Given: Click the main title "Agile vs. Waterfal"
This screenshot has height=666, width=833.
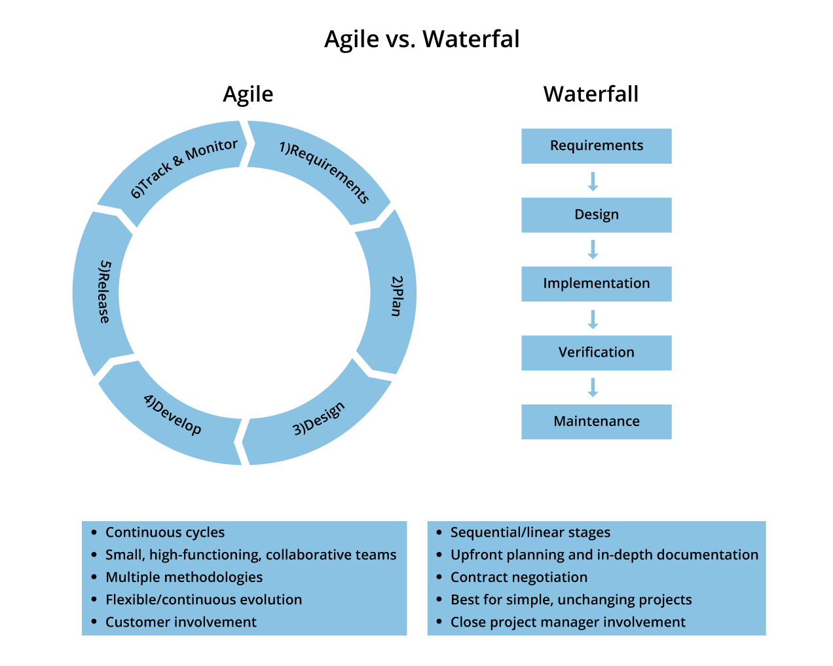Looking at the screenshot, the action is click(422, 39).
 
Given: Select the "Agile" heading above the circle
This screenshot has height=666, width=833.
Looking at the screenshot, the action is click(248, 95).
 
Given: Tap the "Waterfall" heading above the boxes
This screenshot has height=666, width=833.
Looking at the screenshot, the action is click(591, 94).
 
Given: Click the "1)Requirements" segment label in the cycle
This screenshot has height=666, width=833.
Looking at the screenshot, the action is click(324, 172).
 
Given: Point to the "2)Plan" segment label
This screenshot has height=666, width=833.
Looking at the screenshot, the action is click(397, 296).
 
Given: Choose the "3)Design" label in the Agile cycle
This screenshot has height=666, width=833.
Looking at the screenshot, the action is click(318, 418).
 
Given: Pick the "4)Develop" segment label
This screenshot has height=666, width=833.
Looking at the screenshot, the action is click(173, 414).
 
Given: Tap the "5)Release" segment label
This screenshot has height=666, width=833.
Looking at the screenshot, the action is click(104, 292).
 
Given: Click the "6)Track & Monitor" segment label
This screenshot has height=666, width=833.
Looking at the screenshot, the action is click(184, 168).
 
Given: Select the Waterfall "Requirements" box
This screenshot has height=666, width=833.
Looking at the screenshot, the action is click(596, 146).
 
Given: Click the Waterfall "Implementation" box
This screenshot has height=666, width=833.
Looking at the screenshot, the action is click(596, 284).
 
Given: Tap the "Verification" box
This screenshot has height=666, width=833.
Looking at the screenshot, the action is click(596, 353).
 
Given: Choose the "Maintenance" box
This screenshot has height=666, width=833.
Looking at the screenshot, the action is click(596, 421).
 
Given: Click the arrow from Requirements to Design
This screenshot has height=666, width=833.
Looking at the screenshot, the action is click(593, 182).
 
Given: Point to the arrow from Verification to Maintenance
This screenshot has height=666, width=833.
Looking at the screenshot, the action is click(593, 387).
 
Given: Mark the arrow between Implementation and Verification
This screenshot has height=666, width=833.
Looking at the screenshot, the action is click(593, 319).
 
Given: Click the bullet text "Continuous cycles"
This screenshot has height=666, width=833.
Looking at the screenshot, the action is click(165, 533).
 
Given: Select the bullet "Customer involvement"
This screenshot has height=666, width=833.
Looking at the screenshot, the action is click(181, 622).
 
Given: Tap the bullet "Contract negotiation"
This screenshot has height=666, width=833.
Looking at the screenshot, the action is click(519, 578).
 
